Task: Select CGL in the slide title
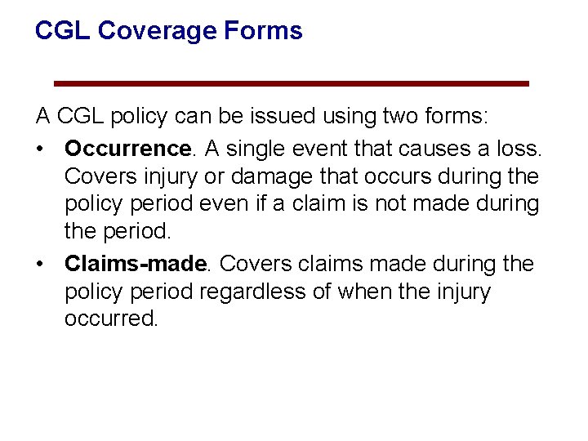(x=62, y=32)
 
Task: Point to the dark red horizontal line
(x=291, y=83)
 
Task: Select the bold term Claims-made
(x=136, y=264)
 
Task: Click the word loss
(x=516, y=149)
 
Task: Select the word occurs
(x=392, y=176)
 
